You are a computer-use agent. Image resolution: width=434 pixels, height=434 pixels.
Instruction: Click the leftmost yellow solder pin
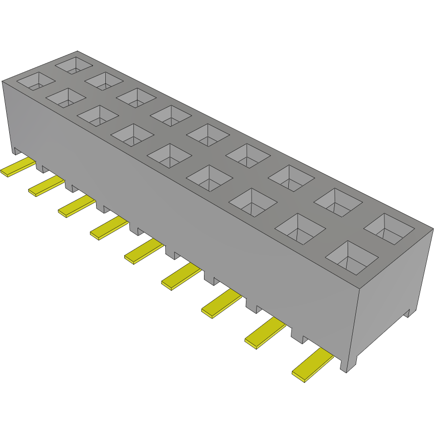18,167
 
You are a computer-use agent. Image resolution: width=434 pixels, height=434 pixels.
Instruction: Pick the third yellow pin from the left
77,205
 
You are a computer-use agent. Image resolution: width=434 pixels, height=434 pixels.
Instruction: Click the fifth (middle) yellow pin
144,251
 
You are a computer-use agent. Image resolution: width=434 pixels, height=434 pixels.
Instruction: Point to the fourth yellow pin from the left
109,227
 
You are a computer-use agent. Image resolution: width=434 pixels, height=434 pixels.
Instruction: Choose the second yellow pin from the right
265,333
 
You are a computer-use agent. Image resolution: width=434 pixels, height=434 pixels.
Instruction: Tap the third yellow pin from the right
221,303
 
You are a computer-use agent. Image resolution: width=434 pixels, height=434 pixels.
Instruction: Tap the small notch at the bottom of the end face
407,313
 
